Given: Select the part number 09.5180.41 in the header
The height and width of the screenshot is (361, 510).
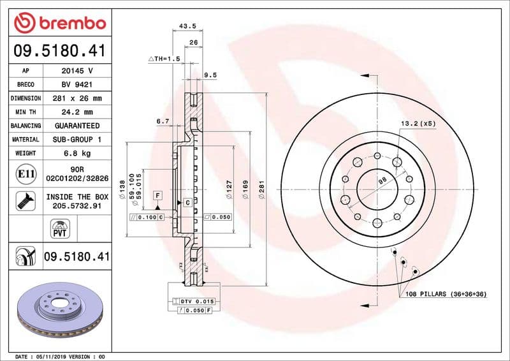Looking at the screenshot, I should tap(59, 50).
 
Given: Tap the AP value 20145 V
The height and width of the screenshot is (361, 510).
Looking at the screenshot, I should tap(77, 71).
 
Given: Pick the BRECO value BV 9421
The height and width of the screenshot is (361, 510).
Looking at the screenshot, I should tap(77, 85).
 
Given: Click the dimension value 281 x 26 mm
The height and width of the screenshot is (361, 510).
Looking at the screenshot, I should tap(77, 99).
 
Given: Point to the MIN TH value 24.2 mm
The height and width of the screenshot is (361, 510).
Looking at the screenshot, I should tap(77, 112).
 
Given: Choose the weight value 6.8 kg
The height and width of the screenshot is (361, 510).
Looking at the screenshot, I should tap(77, 153).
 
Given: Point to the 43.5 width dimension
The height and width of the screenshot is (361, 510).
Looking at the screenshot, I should tap(187, 26).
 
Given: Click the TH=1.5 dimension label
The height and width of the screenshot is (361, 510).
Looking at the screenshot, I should tap(164, 59).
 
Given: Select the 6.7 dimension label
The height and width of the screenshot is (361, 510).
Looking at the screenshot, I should tap(162, 121).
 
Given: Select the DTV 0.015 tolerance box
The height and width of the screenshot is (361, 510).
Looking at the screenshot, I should tap(198, 300).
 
